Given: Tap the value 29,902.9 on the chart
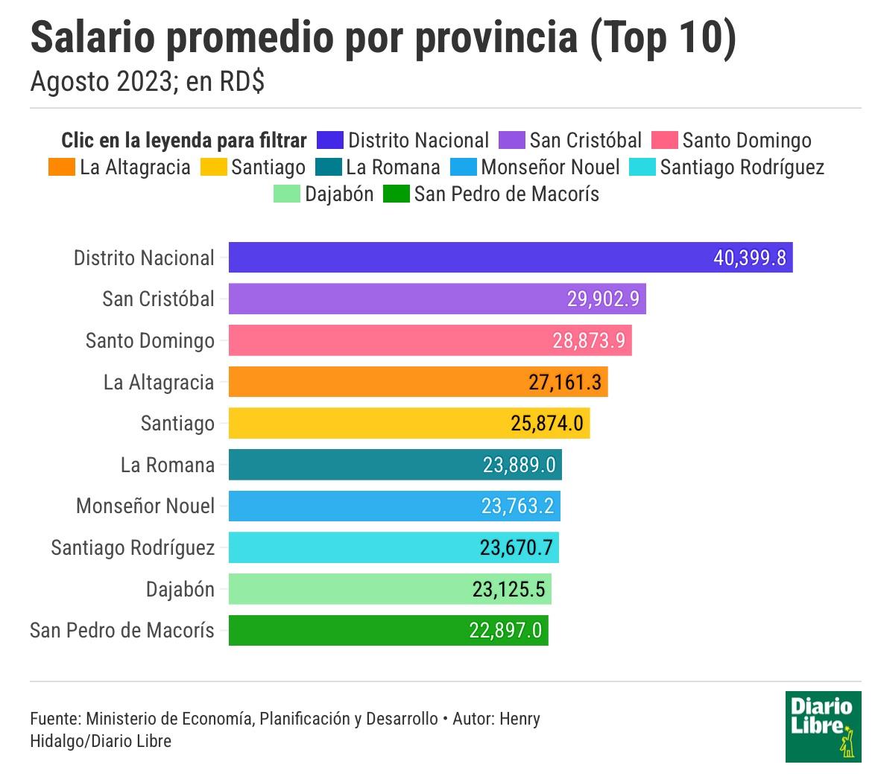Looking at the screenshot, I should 603,299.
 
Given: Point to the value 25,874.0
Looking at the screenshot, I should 546,424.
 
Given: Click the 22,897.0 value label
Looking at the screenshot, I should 505,631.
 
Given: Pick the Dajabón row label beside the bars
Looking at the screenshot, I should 180,590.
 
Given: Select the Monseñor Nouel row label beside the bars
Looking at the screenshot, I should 145,506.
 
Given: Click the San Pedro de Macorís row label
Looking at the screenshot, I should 122,631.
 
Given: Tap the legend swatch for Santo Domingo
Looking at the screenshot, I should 664,141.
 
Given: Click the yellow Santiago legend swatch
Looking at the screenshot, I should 213,168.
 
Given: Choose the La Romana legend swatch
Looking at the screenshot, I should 328,168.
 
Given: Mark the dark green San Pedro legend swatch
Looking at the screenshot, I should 396,194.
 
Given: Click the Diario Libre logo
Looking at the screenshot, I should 823,726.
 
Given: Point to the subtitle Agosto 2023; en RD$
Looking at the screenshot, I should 148,82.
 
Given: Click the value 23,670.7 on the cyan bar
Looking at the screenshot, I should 516,548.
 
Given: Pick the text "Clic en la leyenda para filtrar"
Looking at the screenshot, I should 183,141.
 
